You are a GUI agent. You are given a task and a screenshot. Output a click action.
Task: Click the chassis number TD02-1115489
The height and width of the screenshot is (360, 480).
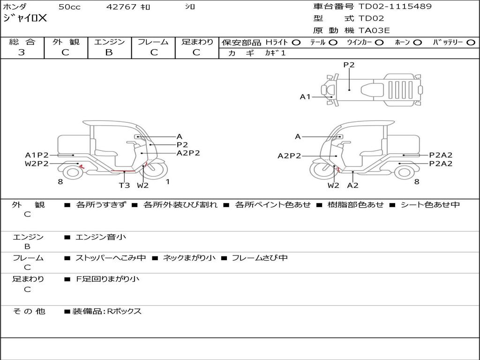click(395, 7)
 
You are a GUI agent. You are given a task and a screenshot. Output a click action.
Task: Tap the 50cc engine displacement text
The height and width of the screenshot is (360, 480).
click(69, 7)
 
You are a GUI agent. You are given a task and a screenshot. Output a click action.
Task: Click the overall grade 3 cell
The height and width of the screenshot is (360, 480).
click(22, 52)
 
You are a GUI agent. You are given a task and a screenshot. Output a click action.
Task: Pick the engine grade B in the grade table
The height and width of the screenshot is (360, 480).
click(109, 52)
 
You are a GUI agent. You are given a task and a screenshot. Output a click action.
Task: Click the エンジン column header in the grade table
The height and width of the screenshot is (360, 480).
click(109, 42)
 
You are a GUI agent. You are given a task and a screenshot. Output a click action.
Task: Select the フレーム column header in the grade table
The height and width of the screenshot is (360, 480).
click(153, 42)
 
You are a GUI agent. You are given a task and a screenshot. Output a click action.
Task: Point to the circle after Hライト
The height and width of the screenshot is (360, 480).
click(296, 43)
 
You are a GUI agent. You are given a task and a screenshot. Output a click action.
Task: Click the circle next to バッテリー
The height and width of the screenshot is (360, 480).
click(471, 43)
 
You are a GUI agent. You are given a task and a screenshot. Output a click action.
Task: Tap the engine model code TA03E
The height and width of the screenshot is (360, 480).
click(374, 31)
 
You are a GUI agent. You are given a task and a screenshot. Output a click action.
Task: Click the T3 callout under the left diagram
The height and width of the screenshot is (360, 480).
click(124, 185)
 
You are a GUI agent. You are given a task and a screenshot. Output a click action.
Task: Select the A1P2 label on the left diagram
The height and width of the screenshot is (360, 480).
click(37, 155)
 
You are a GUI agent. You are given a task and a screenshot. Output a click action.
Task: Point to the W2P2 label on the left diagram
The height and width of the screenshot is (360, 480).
click(37, 164)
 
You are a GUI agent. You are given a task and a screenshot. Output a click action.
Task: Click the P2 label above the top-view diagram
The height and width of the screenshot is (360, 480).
click(349, 65)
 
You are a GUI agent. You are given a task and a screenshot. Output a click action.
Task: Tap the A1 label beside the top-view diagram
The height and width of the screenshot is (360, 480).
click(305, 97)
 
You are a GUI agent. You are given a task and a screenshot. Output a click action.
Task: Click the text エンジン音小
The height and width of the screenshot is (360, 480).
click(101, 237)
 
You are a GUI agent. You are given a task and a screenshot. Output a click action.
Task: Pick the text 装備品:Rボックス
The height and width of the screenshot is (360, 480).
click(107, 311)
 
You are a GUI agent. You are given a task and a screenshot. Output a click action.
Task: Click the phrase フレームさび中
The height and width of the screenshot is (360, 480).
click(260, 258)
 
